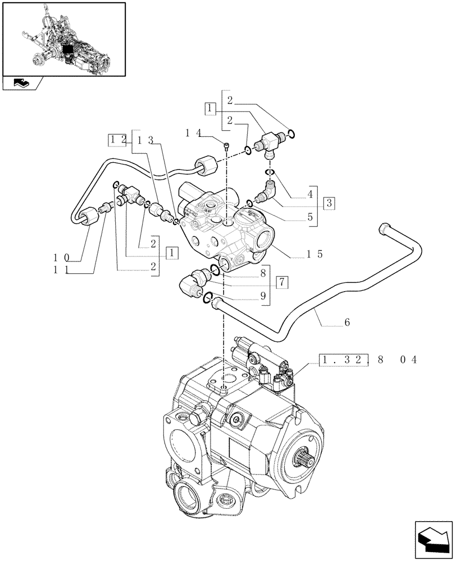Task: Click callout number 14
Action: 193,132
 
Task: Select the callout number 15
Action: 314,254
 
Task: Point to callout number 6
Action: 346,323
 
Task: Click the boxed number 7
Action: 282,282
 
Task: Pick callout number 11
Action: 61,270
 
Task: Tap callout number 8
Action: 262,274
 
